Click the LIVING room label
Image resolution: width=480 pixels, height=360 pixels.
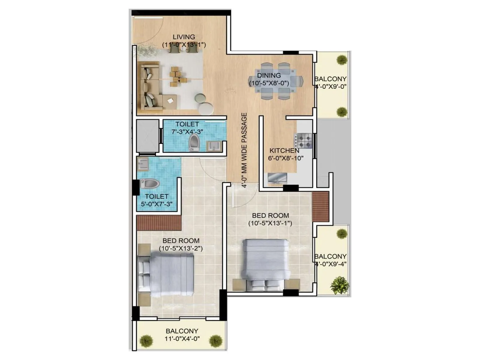coord(184,37)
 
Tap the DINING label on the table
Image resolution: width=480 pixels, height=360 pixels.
coord(269,76)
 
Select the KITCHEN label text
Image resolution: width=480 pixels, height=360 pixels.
coord(284,151)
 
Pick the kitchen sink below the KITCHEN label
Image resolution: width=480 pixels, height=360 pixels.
coord(277,178)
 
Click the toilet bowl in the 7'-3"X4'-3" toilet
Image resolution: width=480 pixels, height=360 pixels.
coord(194,142)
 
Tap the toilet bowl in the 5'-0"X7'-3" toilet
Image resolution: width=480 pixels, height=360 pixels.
coord(150,184)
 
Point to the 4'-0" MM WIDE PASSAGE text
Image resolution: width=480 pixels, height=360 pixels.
coord(244,150)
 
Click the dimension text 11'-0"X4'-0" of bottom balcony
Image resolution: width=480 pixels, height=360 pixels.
coord(182,339)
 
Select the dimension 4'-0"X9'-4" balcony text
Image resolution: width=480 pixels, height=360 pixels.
coord(331,264)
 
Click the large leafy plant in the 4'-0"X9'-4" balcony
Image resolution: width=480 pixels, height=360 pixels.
coord(340,285)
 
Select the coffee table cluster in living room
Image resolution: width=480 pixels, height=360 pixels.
coord(178,76)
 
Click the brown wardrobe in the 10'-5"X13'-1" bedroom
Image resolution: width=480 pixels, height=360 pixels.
coord(320,207)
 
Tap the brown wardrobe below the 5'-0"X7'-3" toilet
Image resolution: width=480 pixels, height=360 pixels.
coord(159,223)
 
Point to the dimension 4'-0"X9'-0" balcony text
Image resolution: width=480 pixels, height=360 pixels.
coord(331,87)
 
